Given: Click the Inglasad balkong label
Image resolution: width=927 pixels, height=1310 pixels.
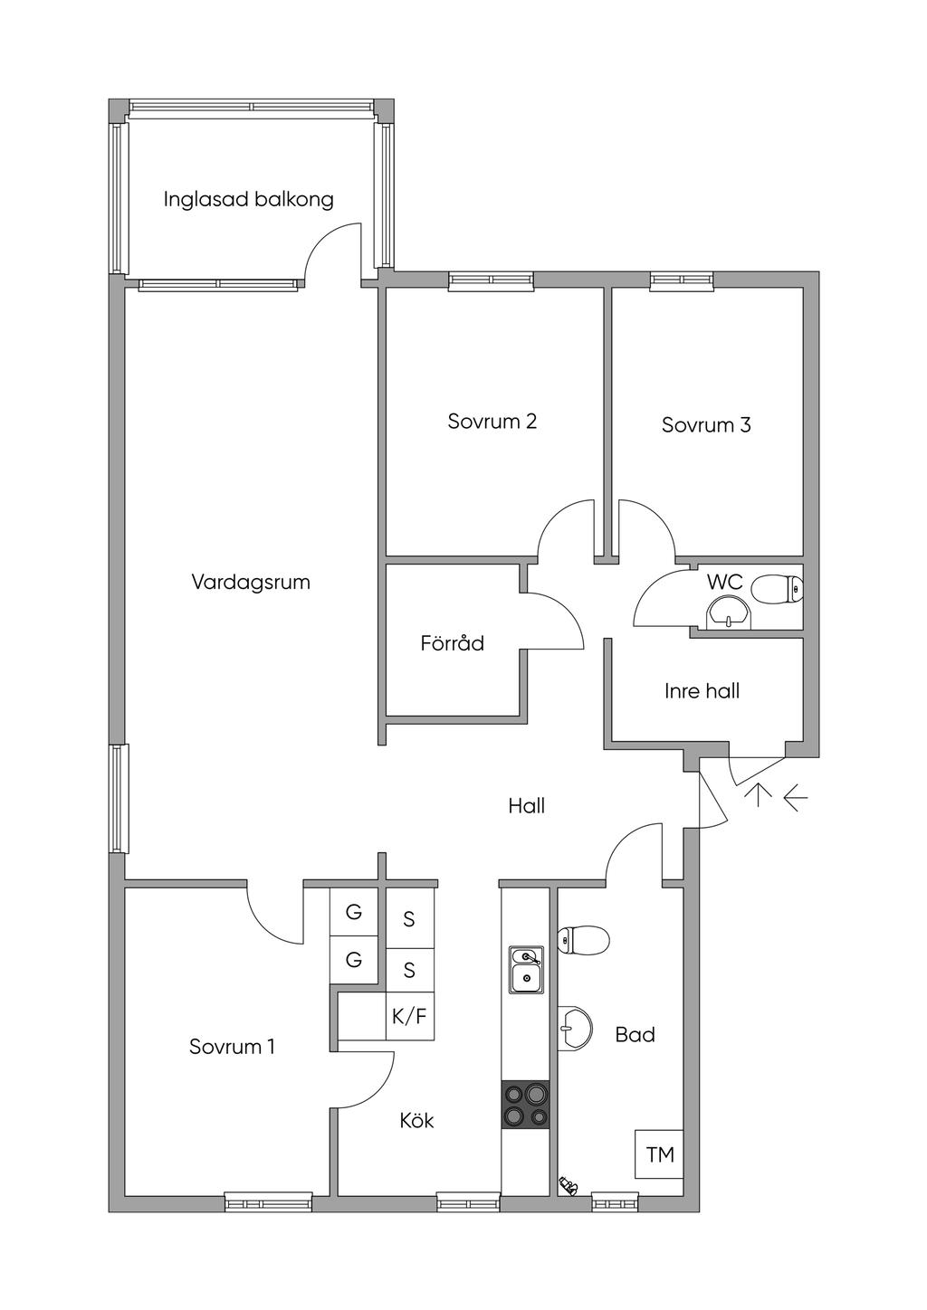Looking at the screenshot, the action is pos(249,200).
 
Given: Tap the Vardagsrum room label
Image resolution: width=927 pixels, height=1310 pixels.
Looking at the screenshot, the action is pos(251,583).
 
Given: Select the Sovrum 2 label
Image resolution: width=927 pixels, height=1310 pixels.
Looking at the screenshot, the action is pos(492,421).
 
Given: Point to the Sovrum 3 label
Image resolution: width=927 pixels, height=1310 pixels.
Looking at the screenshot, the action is pos(706,424).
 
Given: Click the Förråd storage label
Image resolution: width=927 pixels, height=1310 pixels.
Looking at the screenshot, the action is pos(453,643).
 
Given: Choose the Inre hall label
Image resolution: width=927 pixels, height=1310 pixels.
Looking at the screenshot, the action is pos(702,691).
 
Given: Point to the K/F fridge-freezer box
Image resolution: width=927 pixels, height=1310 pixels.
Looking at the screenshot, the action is pos(410,1016).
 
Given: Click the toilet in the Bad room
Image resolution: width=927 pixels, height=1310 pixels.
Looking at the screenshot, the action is pos(583,940).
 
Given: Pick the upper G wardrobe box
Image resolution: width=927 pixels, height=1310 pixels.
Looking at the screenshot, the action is pos(353,912).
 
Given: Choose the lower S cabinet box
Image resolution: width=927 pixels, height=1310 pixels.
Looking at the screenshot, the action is pos(410,970).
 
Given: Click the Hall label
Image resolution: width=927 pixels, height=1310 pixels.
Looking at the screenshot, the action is pos(527,806).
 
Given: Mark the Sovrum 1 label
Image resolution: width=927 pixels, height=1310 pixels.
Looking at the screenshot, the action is pos(232,1046).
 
